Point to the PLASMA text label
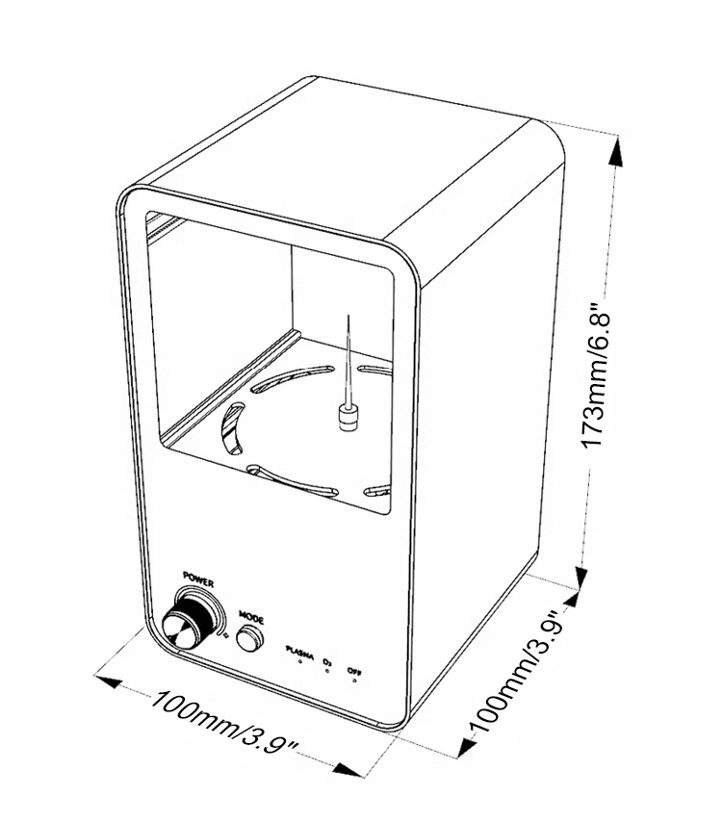[299, 653]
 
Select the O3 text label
[328, 660]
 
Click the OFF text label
[355, 669]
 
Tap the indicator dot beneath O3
[328, 671]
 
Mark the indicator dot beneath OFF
[355, 680]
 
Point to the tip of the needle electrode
[349, 317]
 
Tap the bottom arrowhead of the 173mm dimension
[583, 575]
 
